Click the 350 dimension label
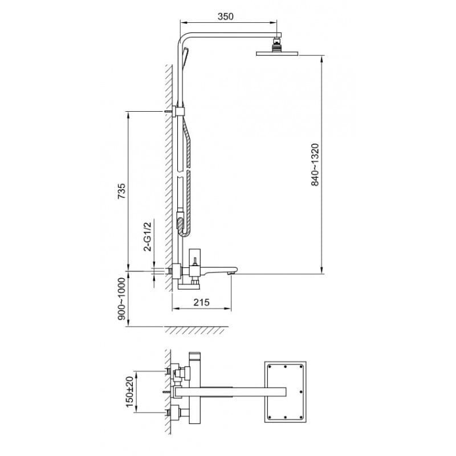[225, 17]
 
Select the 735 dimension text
[121, 191]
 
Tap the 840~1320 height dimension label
[315, 165]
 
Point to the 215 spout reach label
[202, 302]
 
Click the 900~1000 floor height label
[121, 299]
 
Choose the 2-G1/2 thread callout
[148, 236]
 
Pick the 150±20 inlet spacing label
[130, 392]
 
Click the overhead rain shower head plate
[277, 54]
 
